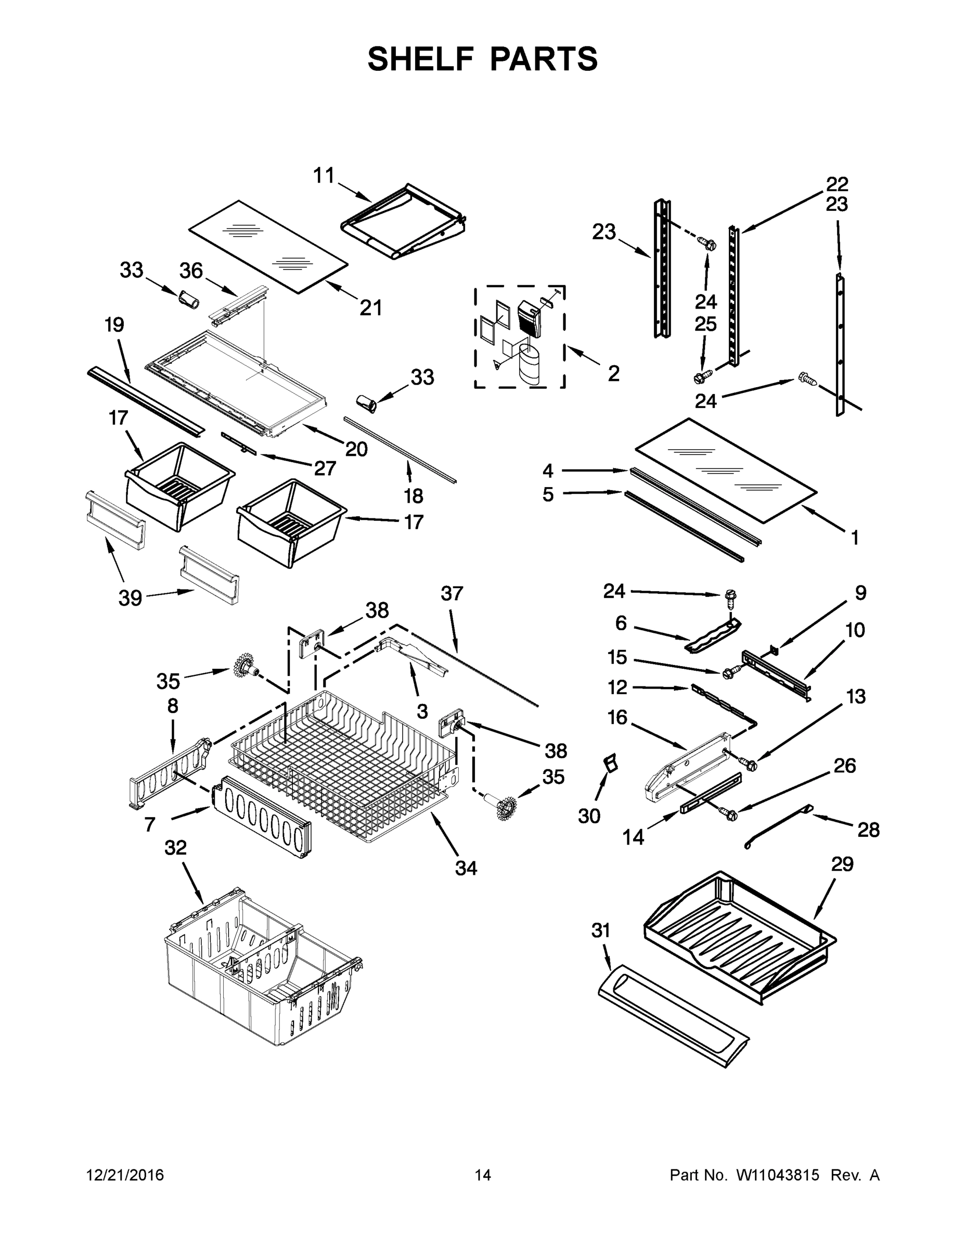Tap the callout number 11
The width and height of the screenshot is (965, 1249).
[x=324, y=175]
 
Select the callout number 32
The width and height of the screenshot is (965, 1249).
[x=175, y=848]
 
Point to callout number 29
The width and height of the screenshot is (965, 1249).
[x=842, y=863]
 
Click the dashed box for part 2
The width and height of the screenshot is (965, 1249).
[x=519, y=337]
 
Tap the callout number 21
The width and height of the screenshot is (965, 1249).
[x=370, y=308]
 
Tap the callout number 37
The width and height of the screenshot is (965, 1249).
[x=452, y=594]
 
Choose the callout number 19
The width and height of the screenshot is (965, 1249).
[x=114, y=325]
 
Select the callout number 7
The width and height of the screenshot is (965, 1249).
[x=150, y=824]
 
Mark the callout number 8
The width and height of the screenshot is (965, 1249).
[x=173, y=706]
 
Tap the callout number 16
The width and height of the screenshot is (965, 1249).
[x=617, y=717]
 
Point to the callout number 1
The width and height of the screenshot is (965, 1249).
[x=855, y=538]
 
